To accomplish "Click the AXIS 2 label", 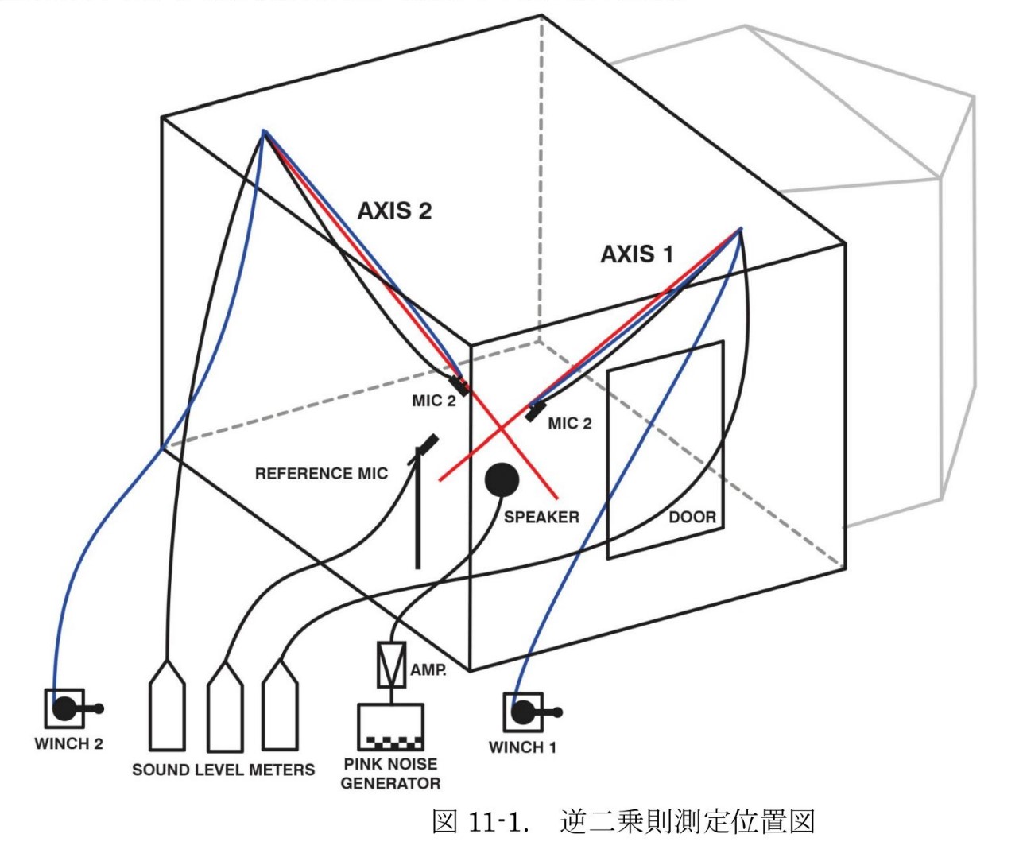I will [x=394, y=211].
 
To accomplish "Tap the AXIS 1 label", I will [x=637, y=254].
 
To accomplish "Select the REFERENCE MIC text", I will [x=321, y=474].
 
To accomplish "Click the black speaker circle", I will [x=502, y=479].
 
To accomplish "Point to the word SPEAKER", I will [x=541, y=517].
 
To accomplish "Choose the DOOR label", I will [x=692, y=518].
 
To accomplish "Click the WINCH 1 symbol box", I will [x=523, y=712].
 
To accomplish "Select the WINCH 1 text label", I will [x=522, y=747].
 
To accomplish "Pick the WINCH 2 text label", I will [x=68, y=744].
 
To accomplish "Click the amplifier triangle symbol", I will [x=391, y=664].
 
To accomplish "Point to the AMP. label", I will [x=428, y=670].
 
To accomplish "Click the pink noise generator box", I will [x=389, y=727].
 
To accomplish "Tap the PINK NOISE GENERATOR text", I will [x=390, y=774].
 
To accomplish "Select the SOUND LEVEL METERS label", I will [x=223, y=770].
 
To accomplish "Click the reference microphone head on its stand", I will [x=428, y=442].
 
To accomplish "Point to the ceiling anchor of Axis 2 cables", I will [x=264, y=131].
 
